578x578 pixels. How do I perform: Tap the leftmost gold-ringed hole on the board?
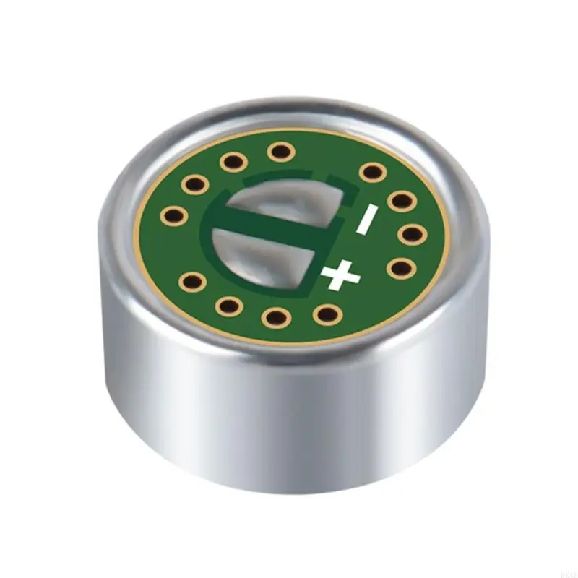coord(173,214)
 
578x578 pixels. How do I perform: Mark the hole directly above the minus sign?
coord(371,172)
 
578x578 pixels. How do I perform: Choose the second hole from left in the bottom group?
coord(229,306)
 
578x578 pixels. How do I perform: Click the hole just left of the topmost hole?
coord(233,161)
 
